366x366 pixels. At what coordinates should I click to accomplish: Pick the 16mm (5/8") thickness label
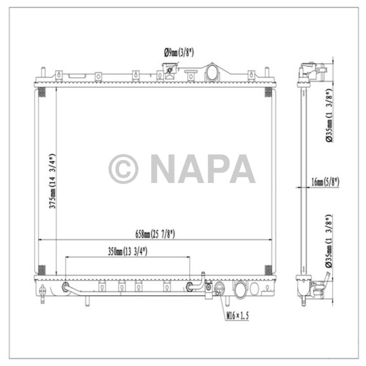[x=325, y=182]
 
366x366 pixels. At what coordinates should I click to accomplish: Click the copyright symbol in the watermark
[x=123, y=169]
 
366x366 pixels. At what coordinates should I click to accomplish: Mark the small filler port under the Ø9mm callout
[x=169, y=70]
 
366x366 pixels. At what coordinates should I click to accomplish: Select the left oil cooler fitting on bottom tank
[x=65, y=287]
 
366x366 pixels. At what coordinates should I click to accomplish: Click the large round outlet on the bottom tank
[x=240, y=288]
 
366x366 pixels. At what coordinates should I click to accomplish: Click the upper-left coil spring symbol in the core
[x=43, y=93]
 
